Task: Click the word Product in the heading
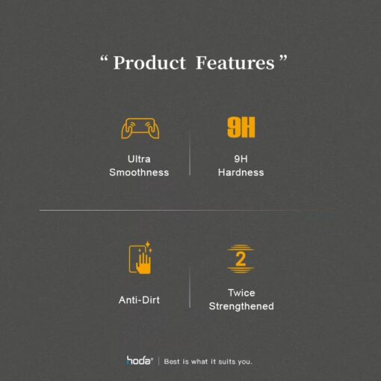tap(149, 63)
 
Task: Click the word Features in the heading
tap(235, 63)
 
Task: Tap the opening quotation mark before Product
tap(104, 59)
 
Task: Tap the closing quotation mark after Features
tap(283, 59)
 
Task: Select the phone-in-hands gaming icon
tap(140, 128)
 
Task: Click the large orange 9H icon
tap(241, 127)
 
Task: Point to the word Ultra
tap(139, 159)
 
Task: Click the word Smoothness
tap(139, 173)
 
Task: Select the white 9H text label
tap(241, 159)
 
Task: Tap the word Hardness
tap(241, 173)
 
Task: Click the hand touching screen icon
tap(140, 258)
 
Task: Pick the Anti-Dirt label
tap(139, 300)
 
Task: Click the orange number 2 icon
tap(241, 259)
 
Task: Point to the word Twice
tap(241, 293)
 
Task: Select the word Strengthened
tap(241, 306)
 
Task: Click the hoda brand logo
tap(140, 360)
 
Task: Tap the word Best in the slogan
tap(172, 362)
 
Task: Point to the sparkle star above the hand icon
tap(148, 244)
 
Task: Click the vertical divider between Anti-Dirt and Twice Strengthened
tap(190, 288)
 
